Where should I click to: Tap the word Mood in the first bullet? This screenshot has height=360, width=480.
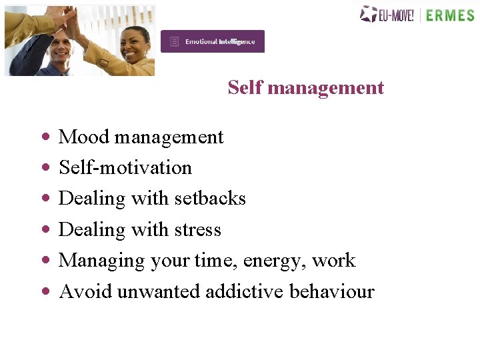pyautogui.click(x=84, y=137)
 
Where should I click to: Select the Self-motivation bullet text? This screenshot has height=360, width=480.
pyautogui.click(x=125, y=168)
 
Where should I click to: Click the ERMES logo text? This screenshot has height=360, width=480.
pyautogui.click(x=450, y=15)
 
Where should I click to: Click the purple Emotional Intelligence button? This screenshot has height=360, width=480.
pyautogui.click(x=213, y=41)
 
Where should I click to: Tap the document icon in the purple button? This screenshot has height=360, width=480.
pyautogui.click(x=175, y=41)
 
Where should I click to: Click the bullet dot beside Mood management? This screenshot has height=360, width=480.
pyautogui.click(x=45, y=137)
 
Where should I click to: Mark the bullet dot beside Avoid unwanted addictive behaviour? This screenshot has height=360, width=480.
pyautogui.click(x=45, y=291)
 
